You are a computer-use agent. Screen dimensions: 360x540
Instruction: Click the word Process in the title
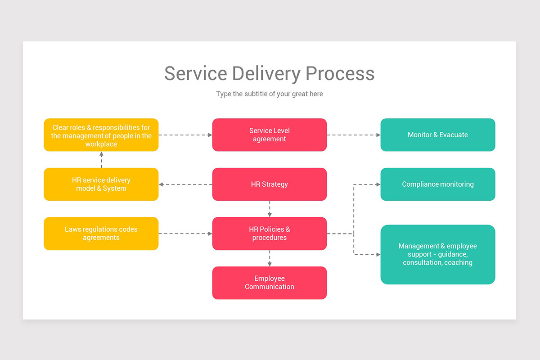(x=340, y=73)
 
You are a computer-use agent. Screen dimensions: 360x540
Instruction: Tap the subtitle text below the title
(x=269, y=94)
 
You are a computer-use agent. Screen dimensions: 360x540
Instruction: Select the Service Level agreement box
(x=269, y=135)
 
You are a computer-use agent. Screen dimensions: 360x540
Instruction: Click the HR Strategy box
(x=269, y=184)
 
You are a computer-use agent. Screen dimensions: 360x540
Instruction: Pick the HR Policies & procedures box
(x=269, y=234)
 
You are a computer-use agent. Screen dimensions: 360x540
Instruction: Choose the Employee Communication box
(x=269, y=283)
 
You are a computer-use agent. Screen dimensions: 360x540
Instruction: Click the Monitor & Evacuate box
(x=437, y=135)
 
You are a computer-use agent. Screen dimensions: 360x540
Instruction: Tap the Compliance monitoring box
(x=437, y=184)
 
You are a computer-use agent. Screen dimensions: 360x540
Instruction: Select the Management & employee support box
(x=437, y=254)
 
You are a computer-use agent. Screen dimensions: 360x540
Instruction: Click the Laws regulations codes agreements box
(x=101, y=234)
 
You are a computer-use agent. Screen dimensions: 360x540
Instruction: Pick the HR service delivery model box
(x=101, y=184)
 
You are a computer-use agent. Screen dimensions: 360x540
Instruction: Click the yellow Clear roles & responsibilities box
(x=101, y=135)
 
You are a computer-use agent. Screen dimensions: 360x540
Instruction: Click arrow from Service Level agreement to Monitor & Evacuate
(x=354, y=135)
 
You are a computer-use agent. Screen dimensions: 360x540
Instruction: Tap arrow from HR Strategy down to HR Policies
(x=270, y=209)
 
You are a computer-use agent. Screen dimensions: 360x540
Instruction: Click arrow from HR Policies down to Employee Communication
(x=270, y=258)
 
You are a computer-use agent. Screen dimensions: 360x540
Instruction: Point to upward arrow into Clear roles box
(x=101, y=159)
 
